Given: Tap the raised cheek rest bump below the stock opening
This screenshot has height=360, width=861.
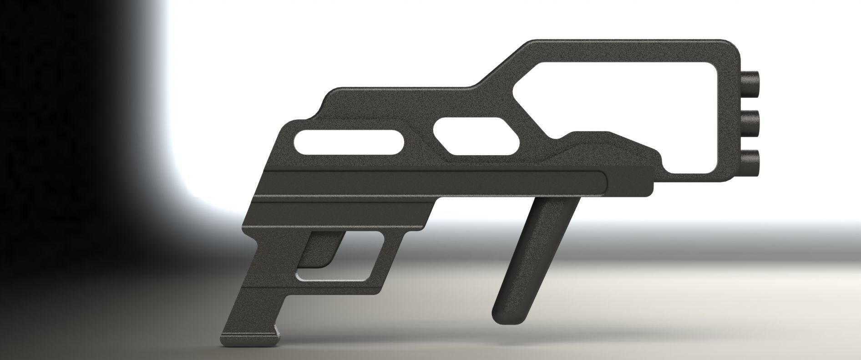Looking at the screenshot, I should pyautogui.click(x=592, y=137).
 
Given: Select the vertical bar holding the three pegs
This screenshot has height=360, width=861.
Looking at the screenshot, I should pyautogui.click(x=730, y=123).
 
